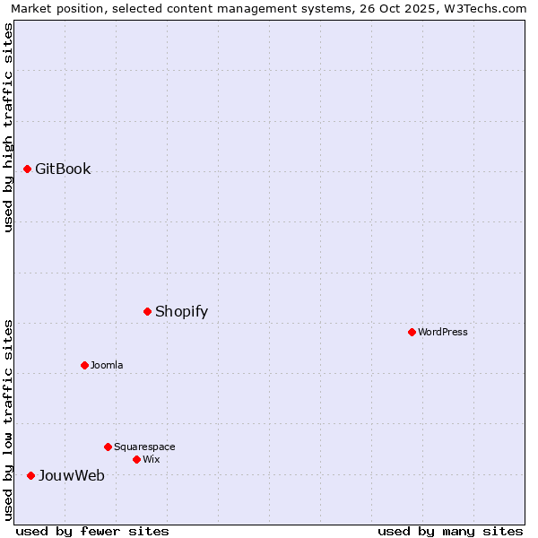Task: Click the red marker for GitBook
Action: [27, 169]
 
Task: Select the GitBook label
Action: [63, 169]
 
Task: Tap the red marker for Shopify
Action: [147, 311]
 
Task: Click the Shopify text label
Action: [181, 311]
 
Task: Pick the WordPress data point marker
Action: [412, 332]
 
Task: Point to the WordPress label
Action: [442, 332]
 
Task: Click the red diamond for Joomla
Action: [84, 365]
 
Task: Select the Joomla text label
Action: [107, 365]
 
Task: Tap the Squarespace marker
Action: [108, 447]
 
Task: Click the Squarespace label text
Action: [144, 447]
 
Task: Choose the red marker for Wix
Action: [136, 459]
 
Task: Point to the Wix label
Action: [151, 459]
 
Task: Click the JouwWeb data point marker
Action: [30, 475]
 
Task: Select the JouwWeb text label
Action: [71, 475]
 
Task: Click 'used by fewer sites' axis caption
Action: [92, 531]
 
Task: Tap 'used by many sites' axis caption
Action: [450, 531]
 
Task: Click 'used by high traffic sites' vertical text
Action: [8, 127]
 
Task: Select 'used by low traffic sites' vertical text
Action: [8, 419]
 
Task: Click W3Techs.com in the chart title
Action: [490, 8]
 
